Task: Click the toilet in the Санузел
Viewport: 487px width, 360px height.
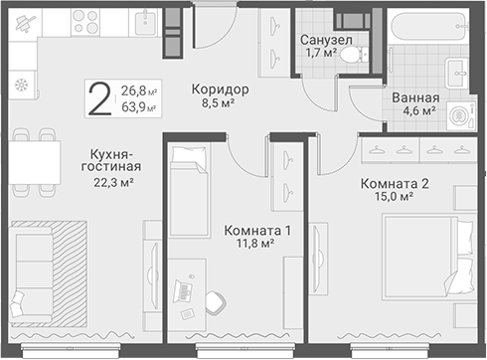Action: click(x=354, y=55)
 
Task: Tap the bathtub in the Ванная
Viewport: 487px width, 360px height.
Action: click(x=428, y=26)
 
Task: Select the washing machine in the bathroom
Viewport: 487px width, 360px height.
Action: click(x=461, y=115)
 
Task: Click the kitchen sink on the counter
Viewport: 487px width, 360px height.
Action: click(x=146, y=22)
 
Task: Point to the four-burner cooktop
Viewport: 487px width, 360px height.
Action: click(x=85, y=22)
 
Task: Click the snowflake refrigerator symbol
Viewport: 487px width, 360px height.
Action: click(x=22, y=86)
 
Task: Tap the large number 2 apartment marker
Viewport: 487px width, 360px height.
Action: click(x=100, y=98)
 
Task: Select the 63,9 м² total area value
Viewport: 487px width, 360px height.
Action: click(x=139, y=107)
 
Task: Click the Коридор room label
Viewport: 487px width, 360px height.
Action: click(x=220, y=90)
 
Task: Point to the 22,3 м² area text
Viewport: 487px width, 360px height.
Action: click(x=113, y=182)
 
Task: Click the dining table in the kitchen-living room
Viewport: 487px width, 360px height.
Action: click(x=35, y=162)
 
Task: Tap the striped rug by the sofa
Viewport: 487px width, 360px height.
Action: click(x=69, y=274)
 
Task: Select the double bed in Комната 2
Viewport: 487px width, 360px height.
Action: click(x=427, y=258)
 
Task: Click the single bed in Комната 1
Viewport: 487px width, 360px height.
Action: click(x=190, y=191)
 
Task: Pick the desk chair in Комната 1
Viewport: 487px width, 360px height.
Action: click(x=216, y=302)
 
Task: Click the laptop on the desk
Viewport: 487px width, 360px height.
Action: click(x=183, y=290)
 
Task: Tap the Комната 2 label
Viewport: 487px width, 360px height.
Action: click(x=395, y=183)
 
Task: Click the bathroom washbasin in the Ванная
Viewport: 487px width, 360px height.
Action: click(x=456, y=73)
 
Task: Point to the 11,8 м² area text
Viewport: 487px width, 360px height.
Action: click(x=254, y=244)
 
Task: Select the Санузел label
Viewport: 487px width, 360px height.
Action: click(x=326, y=40)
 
